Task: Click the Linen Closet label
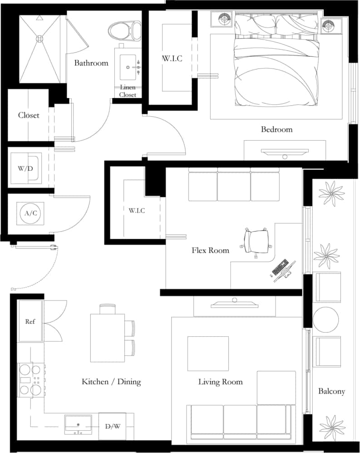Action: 128,91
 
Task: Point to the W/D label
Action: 25,168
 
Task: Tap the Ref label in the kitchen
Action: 30,321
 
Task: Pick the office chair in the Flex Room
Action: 256,241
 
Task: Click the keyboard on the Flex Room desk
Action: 280,267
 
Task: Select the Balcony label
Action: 331,391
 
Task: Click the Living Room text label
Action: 220,382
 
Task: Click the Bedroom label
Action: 276,129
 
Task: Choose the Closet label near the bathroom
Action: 29,115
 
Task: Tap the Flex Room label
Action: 210,250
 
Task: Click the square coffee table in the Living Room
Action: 208,354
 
